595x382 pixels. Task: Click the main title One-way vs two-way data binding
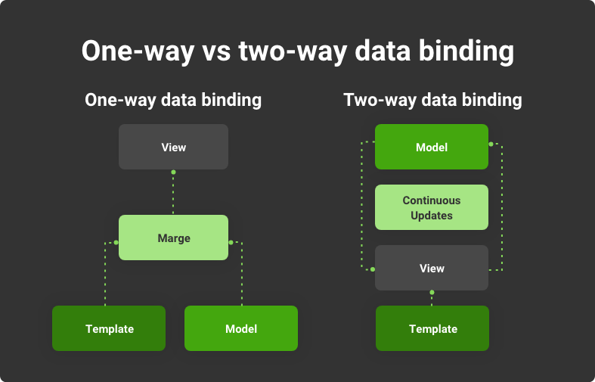pos(298,51)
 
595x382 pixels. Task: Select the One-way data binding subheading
pos(173,101)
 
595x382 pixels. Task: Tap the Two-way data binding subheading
pos(432,101)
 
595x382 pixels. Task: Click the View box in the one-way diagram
pos(173,147)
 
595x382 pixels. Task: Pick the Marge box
pos(173,238)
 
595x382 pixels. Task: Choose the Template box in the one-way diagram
pos(109,328)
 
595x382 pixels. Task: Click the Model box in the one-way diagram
pos(241,328)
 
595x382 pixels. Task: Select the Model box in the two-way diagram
pos(432,147)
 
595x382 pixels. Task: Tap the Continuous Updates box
pos(432,207)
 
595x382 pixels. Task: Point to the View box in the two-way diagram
pos(432,268)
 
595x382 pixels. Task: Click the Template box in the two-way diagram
pos(432,328)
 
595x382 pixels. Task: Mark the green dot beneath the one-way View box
pos(173,172)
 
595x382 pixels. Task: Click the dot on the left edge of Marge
pos(116,242)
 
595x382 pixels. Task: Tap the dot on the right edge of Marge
pos(231,242)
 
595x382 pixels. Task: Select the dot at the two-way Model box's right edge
pos(491,144)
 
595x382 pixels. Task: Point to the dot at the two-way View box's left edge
pos(373,269)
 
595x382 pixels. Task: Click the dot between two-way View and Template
pos(432,293)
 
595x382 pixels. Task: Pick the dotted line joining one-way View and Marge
pos(173,194)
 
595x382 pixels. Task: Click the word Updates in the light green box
pos(432,216)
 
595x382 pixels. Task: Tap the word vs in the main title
pos(216,52)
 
